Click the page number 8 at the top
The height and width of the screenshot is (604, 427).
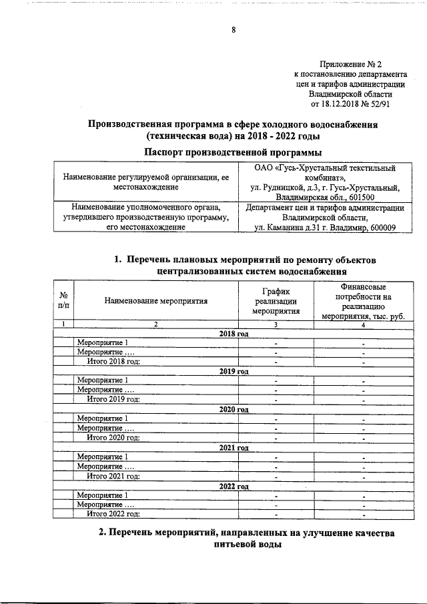234,29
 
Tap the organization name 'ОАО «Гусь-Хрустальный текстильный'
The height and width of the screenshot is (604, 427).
325,168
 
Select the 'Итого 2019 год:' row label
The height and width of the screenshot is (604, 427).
113,399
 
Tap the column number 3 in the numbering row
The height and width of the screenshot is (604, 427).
276,324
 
